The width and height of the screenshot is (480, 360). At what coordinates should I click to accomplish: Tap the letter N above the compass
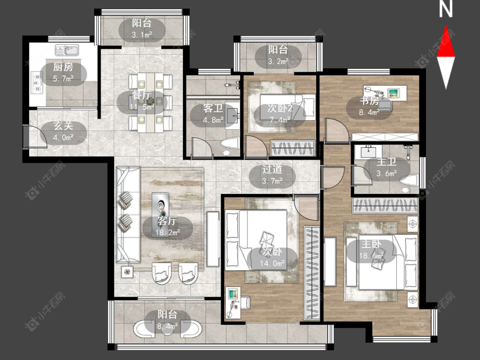tap(446, 9)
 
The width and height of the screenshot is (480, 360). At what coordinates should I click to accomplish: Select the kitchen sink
tap(67, 50)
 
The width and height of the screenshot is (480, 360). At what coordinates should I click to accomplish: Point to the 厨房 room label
tap(63, 67)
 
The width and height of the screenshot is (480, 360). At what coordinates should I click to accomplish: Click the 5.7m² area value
tap(63, 78)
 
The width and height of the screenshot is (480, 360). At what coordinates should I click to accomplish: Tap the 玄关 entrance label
tap(64, 126)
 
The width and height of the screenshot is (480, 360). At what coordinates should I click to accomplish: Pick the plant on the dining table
tap(150, 100)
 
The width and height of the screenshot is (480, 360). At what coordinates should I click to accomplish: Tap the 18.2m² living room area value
tap(167, 232)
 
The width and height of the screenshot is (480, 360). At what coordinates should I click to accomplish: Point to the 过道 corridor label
tap(272, 169)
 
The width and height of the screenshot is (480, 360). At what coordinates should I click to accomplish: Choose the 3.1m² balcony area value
tap(142, 35)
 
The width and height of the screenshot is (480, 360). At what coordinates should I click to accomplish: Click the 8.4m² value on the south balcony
tap(167, 326)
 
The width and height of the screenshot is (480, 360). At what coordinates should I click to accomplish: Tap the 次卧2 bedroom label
tap(280, 108)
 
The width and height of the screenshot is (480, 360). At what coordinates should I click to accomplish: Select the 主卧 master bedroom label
tap(371, 244)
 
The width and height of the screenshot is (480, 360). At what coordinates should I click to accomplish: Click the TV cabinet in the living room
tap(213, 239)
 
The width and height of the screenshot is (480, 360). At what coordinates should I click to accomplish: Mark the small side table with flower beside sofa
tap(127, 272)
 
